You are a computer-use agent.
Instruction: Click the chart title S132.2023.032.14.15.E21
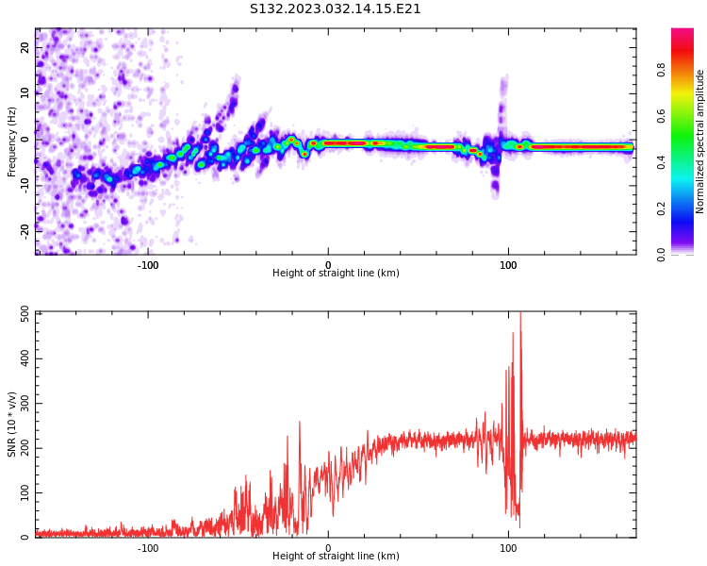coord(336,9)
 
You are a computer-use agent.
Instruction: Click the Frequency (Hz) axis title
coord(12,141)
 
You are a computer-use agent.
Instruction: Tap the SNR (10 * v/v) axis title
coord(12,424)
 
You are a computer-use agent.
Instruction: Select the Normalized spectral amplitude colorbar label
coord(700,141)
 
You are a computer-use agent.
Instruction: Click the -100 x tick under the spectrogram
coord(148,265)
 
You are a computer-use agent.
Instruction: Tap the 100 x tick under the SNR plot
coord(508,548)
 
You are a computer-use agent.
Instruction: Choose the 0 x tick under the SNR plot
coord(328,548)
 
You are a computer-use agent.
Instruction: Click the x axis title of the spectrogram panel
coord(336,274)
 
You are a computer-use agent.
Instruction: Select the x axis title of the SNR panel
coord(336,557)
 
